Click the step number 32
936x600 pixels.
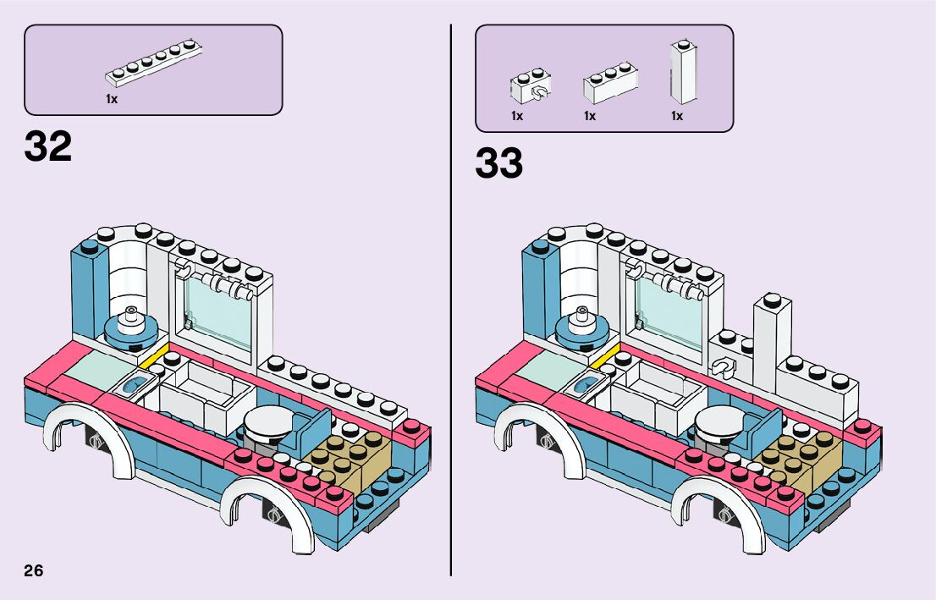click(x=48, y=146)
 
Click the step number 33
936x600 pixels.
click(x=499, y=162)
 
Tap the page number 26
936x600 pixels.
click(x=34, y=570)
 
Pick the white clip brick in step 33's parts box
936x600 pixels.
click(x=531, y=85)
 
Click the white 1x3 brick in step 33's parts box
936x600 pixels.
click(x=609, y=83)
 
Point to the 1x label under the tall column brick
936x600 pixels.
click(x=676, y=116)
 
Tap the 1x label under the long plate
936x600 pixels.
click(x=112, y=99)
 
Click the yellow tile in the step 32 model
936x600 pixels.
click(x=155, y=359)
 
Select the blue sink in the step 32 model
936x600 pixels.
click(x=135, y=386)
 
